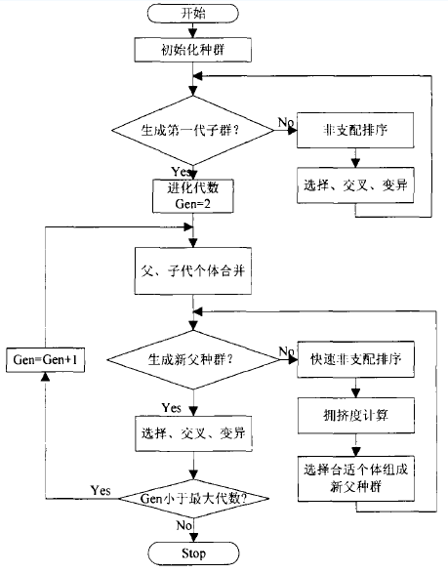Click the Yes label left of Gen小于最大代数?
pyautogui.click(x=101, y=488)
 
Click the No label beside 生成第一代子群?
pyautogui.click(x=284, y=121)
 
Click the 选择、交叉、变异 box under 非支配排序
pyautogui.click(x=352, y=184)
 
